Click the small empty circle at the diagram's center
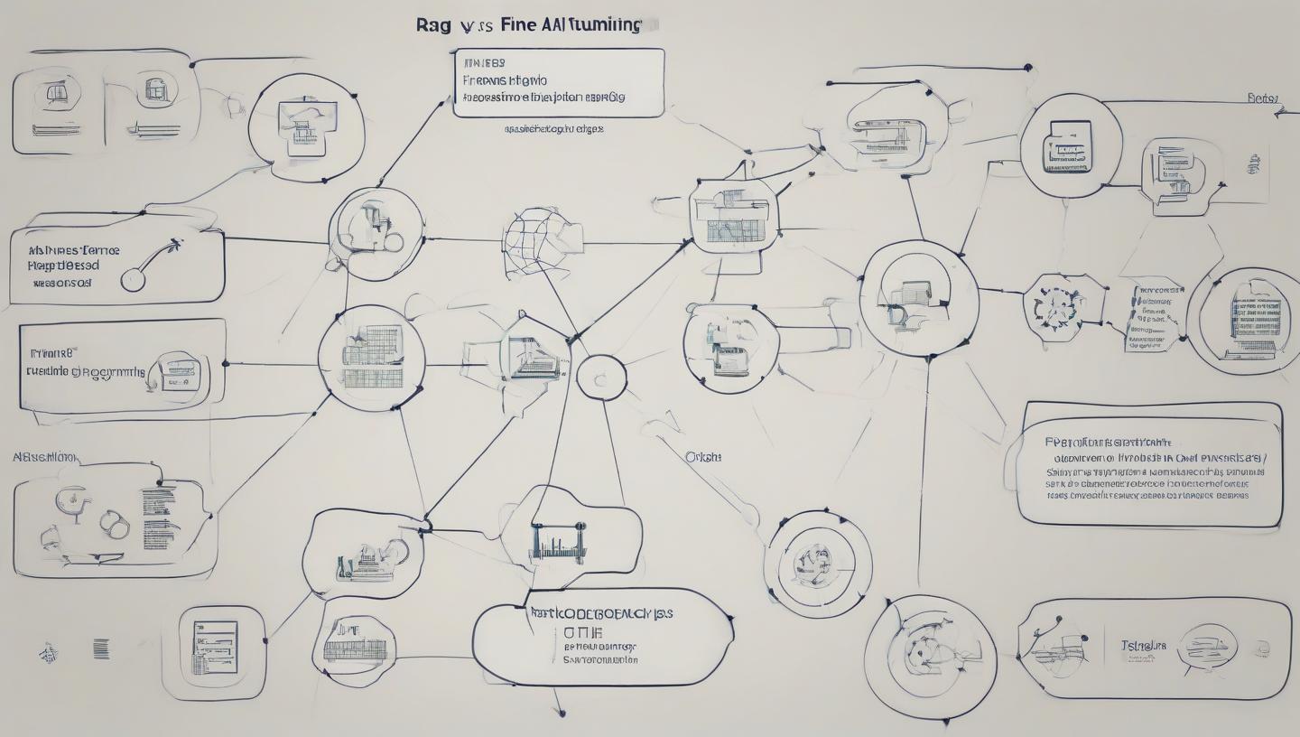point(600,376)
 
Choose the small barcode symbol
point(101,648)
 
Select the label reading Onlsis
point(703,457)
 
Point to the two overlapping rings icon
point(114,524)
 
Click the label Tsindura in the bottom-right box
point(1143,646)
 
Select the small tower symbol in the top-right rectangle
point(1252,165)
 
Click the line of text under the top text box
point(553,129)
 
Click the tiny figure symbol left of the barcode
point(48,650)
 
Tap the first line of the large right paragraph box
point(1108,443)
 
